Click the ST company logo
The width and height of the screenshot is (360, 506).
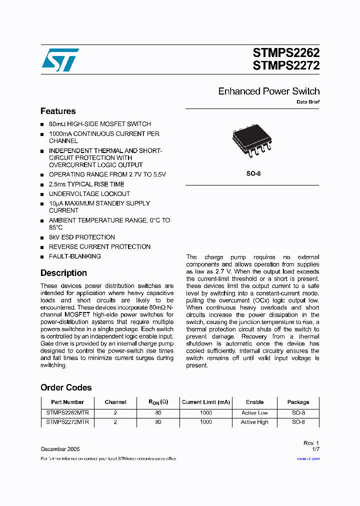click(60, 60)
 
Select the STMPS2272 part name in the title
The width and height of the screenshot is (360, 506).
click(286, 65)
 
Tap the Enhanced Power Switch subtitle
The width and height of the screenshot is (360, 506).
click(268, 91)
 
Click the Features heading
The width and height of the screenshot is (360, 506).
click(58, 111)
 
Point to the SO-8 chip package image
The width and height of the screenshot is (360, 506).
click(252, 142)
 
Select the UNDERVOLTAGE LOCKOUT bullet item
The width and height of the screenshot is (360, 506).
click(89, 193)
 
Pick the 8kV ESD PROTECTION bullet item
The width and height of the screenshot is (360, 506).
click(81, 237)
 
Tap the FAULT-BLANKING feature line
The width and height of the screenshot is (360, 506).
click(74, 256)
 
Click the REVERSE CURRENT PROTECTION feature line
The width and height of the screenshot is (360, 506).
click(99, 246)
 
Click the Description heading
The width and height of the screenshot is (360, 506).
click(63, 273)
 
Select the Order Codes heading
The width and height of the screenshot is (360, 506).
click(66, 387)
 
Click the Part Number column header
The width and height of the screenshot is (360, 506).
click(67, 402)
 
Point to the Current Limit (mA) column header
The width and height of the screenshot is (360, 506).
click(206, 402)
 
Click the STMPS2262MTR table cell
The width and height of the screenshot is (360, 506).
click(67, 413)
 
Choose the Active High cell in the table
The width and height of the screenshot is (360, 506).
click(254, 422)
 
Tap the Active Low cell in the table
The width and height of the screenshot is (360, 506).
click(254, 413)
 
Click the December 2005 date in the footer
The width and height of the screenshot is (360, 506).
click(60, 449)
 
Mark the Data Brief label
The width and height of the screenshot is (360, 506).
click(308, 101)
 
